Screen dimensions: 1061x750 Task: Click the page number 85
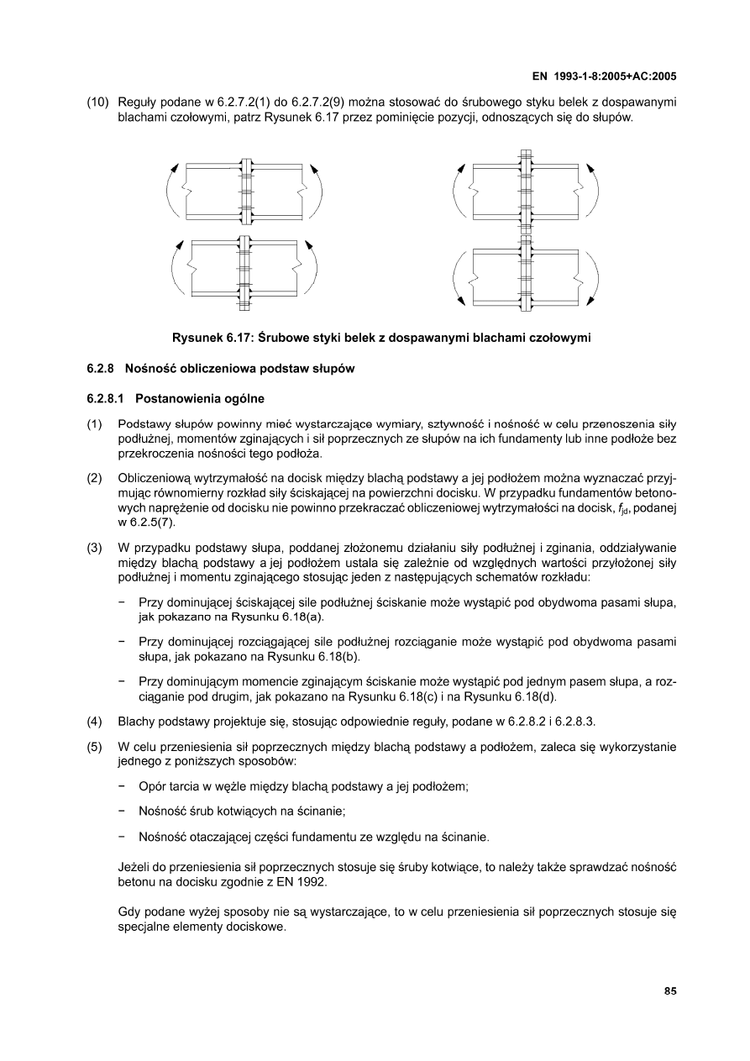click(x=670, y=991)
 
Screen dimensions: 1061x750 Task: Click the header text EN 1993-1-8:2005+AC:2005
click(x=605, y=76)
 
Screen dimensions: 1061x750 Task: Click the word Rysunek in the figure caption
click(x=198, y=338)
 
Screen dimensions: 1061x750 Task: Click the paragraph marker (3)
click(x=95, y=549)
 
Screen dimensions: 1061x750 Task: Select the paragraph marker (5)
click(x=95, y=747)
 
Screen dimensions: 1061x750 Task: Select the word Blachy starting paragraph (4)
click(x=138, y=721)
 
